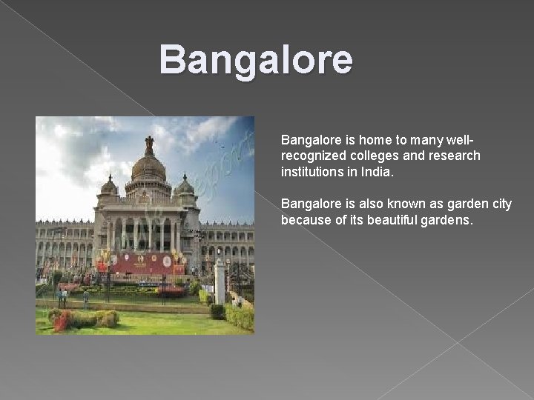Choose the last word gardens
point(447,220)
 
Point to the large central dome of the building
point(148,169)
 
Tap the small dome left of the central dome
point(108,186)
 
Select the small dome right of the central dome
point(185,185)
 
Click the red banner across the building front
point(140,263)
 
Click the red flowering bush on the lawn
point(62,321)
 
